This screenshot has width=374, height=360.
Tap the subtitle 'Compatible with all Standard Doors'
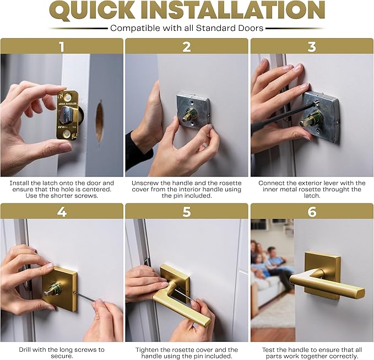pyautogui.click(x=187, y=28)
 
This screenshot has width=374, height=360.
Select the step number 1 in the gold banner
pyautogui.click(x=62, y=46)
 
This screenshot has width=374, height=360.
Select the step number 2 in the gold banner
pyautogui.click(x=187, y=46)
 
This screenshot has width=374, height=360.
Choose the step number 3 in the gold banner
pyautogui.click(x=312, y=46)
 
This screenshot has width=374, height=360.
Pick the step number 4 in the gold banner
pyautogui.click(x=62, y=211)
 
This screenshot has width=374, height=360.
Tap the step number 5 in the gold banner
pyautogui.click(x=187, y=211)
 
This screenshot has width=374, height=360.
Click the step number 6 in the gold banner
pyautogui.click(x=312, y=211)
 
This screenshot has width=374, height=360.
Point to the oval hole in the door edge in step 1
pyautogui.click(x=99, y=121)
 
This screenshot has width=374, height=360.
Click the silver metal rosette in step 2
pyautogui.click(x=193, y=111)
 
